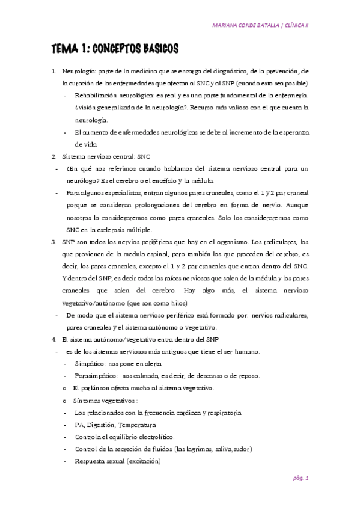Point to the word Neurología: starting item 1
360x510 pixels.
(79, 72)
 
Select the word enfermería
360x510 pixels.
(290, 96)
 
